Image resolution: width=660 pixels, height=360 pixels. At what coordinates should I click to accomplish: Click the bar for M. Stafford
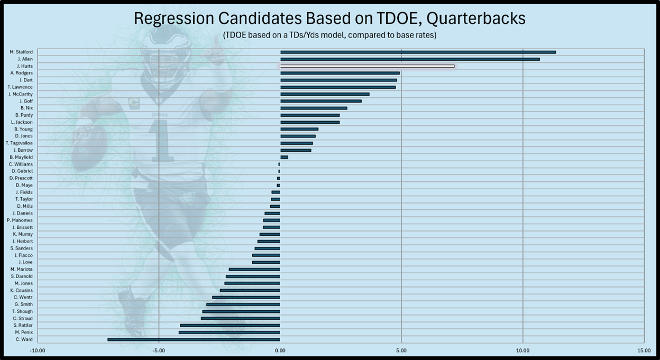click(418, 52)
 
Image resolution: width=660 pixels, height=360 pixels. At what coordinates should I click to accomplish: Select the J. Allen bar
click(410, 59)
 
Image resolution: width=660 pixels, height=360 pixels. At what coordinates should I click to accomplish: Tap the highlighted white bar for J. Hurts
click(367, 66)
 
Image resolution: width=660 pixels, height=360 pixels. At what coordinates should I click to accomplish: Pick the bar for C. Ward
click(194, 339)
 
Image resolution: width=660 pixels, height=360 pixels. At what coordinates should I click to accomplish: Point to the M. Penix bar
click(230, 333)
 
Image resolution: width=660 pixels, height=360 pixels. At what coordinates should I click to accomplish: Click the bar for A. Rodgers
click(340, 73)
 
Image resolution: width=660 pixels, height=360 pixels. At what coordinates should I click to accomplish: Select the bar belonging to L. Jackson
click(310, 122)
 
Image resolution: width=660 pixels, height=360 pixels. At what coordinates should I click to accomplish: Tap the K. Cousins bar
click(250, 290)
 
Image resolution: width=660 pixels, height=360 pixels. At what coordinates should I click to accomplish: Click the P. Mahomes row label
click(20, 220)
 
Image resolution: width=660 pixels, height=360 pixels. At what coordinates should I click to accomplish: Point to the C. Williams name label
click(21, 164)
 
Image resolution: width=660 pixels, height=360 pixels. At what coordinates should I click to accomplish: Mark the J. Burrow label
click(23, 150)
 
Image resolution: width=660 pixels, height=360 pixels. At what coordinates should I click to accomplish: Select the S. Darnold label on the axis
click(22, 276)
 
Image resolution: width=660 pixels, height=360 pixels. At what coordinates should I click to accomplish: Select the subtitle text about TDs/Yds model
click(329, 35)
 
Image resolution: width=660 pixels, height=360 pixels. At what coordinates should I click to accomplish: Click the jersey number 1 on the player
click(161, 141)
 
